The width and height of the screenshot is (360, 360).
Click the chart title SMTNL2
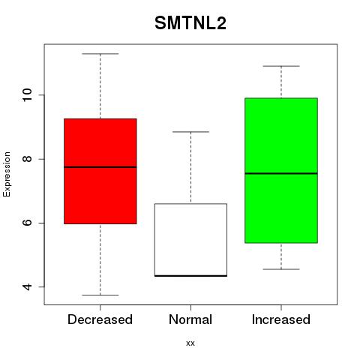coord(190,23)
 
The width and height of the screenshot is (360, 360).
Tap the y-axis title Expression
coord(7,174)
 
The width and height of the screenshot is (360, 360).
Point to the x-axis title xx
coord(190,343)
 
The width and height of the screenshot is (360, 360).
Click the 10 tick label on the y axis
coord(27,95)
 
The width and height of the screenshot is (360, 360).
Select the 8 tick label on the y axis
coord(27,159)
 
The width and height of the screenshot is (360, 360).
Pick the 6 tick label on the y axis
coord(27,223)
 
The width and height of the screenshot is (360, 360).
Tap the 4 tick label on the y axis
coord(27,286)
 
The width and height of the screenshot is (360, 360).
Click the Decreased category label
coord(100,319)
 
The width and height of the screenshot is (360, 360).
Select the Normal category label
coord(190,319)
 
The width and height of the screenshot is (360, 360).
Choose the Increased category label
coord(281,319)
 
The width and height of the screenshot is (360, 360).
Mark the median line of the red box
coord(100,167)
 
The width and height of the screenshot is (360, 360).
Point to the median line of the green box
coord(281,173)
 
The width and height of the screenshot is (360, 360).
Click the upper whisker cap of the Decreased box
coord(100,54)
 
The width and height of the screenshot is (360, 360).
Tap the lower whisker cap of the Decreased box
coord(100,295)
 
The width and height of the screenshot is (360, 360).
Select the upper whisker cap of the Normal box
coord(190,132)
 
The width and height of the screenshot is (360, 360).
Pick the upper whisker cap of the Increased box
coord(281,66)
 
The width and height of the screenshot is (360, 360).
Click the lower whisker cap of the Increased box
coord(281,269)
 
